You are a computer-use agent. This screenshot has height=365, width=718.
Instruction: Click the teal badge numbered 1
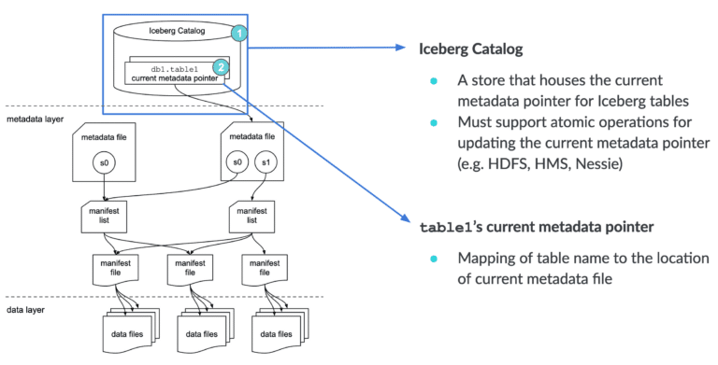point(239,34)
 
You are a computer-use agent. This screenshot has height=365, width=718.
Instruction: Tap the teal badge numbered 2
point(221,66)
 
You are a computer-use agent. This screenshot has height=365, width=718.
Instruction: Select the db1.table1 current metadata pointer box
point(176,74)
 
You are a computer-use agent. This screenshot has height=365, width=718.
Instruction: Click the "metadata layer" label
point(35,119)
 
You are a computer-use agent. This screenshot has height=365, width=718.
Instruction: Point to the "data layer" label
point(25,308)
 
